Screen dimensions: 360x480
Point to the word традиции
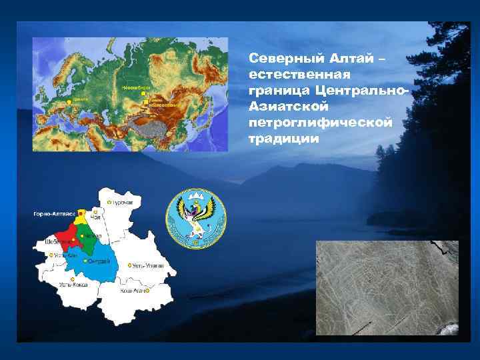coord(283,139)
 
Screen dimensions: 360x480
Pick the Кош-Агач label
coord(133,291)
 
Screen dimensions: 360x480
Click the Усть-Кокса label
coord(74,285)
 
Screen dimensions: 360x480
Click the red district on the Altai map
coord(67,235)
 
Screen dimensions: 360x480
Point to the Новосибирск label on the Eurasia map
coord(136,87)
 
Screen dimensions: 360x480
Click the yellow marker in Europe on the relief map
coord(68,101)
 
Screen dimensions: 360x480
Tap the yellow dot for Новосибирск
coord(143,94)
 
